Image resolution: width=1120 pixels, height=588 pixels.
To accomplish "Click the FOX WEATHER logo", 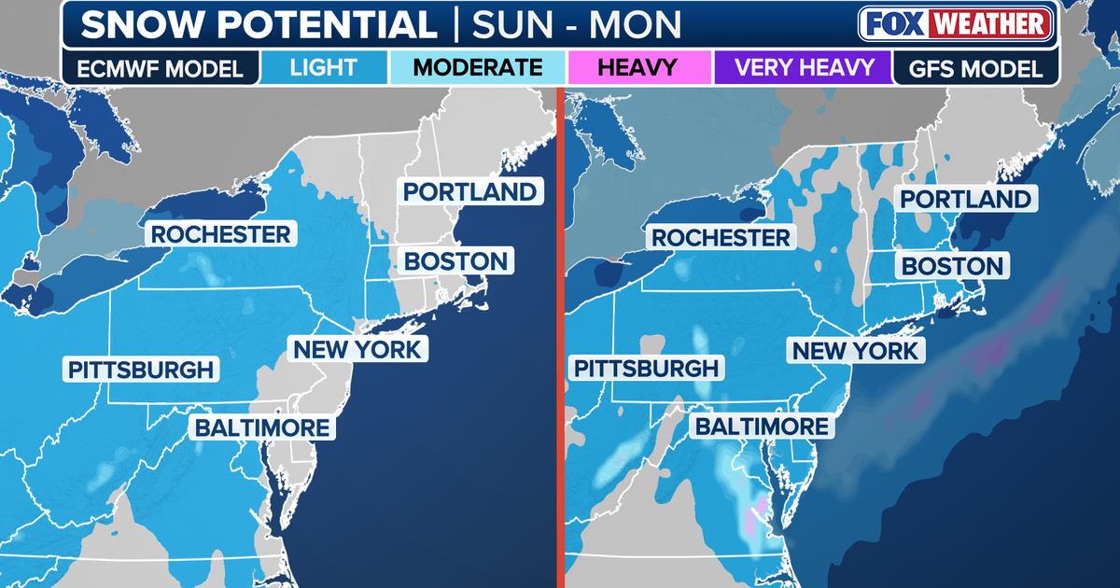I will pyautogui.click(x=958, y=24).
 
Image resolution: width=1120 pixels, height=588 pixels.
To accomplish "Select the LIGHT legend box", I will pyautogui.click(x=323, y=67).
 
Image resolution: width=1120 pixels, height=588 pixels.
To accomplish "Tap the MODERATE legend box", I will pyautogui.click(x=477, y=67).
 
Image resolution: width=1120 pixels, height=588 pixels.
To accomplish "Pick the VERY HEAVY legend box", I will pyautogui.click(x=804, y=67).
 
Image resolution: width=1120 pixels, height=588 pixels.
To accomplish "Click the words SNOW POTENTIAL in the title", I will pyautogui.click(x=258, y=25).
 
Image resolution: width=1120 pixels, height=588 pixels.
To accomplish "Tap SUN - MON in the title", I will pyautogui.click(x=575, y=25).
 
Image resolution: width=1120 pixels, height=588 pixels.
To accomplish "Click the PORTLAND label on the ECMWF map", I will pyautogui.click(x=470, y=191).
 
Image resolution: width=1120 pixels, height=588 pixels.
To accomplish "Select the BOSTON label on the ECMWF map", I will pyautogui.click(x=456, y=260).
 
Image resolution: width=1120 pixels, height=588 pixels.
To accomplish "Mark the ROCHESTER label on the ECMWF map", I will pyautogui.click(x=221, y=233).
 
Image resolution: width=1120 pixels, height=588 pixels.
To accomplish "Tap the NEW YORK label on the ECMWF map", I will pyautogui.click(x=358, y=349).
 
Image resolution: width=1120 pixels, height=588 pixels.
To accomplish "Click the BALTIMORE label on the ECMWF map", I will pyautogui.click(x=261, y=428).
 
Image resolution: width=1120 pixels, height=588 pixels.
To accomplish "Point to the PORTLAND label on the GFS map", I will pyautogui.click(x=964, y=199).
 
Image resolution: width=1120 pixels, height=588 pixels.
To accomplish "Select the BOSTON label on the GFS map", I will pyautogui.click(x=951, y=266).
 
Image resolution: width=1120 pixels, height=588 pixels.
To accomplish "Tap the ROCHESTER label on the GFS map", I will pyautogui.click(x=721, y=238).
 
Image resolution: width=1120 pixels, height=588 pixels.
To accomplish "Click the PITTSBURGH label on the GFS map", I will pyautogui.click(x=646, y=369).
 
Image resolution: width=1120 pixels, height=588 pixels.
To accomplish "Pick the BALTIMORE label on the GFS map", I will pyautogui.click(x=760, y=427).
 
